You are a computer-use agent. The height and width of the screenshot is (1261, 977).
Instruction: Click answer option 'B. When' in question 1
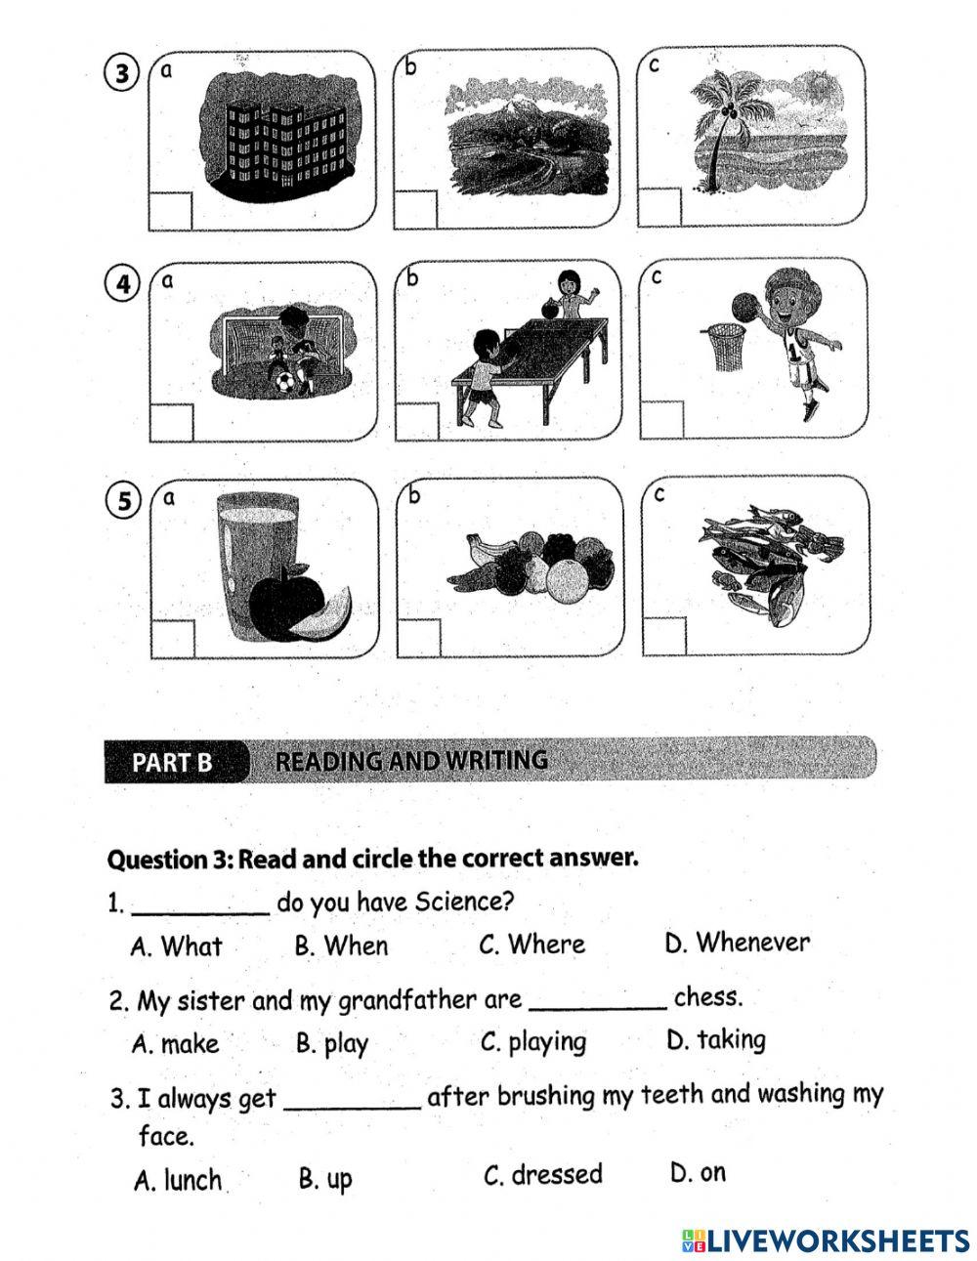[341, 946]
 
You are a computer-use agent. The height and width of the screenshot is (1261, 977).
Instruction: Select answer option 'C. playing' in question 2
[533, 1042]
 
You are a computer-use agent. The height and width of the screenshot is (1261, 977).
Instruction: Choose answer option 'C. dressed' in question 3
[543, 1174]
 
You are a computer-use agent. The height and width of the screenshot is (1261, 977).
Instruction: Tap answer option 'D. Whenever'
[737, 943]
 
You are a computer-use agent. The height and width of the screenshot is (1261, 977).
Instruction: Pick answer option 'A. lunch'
[178, 1180]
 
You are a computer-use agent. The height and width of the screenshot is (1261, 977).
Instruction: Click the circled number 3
[122, 75]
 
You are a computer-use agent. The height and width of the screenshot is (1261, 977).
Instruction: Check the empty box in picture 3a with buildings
[171, 211]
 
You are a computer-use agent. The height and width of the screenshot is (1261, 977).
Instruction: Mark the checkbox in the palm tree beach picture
[659, 208]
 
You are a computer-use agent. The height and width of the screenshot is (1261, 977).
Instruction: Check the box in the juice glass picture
[173, 638]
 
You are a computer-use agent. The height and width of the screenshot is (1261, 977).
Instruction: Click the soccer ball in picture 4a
[283, 382]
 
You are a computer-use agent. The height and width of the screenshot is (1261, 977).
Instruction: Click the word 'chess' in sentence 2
[708, 997]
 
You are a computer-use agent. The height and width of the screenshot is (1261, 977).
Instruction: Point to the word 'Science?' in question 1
[465, 901]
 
